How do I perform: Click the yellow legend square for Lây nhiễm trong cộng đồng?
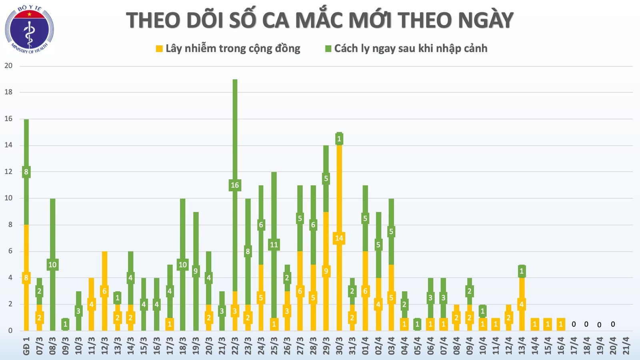159,49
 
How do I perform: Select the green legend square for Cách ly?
328,49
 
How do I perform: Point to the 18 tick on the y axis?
8,92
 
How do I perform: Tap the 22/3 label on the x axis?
235,346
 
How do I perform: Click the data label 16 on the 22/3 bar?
235,185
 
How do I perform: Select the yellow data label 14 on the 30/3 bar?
339,238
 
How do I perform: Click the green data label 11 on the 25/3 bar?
274,245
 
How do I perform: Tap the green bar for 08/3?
52,232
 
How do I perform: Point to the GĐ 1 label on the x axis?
26,346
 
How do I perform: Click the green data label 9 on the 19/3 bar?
196,271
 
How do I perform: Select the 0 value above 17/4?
574,324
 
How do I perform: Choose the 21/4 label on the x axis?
626,346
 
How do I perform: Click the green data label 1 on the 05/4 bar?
417,324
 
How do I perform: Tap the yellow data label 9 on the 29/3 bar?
326,271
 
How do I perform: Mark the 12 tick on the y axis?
8,172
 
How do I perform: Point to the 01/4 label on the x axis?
365,346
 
